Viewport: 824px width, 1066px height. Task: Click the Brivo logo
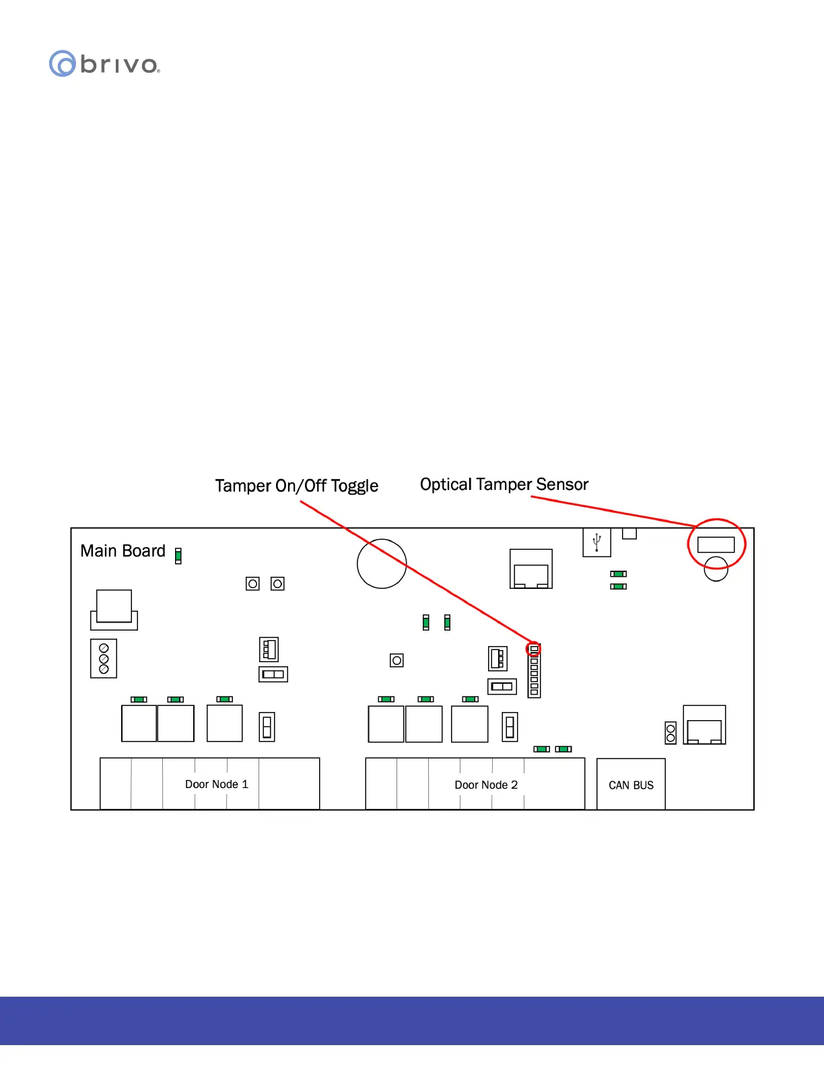coord(104,64)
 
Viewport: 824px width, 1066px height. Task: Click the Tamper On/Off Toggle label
coord(296,486)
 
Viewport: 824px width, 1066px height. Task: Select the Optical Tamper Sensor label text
coord(504,485)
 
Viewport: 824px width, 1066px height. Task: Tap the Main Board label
coord(123,551)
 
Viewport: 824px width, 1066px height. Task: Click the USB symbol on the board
coord(596,542)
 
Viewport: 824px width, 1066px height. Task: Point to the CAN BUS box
coord(631,785)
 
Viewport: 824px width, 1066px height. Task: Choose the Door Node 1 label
coord(216,785)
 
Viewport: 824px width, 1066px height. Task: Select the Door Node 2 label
coord(486,785)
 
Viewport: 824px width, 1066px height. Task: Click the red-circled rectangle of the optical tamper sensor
coord(716,544)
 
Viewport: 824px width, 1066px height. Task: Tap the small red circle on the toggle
coord(534,649)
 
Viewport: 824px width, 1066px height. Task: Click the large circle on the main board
coord(382,563)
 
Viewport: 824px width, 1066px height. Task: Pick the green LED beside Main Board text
coord(178,556)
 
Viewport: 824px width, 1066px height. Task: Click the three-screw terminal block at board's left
coord(104,658)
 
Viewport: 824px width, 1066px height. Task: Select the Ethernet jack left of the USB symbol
coord(531,569)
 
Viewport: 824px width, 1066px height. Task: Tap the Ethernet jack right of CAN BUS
coord(704,725)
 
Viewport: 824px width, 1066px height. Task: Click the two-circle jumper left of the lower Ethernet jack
coord(671,733)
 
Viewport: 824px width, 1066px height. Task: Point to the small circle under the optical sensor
coord(716,569)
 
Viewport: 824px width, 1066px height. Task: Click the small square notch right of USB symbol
coord(629,533)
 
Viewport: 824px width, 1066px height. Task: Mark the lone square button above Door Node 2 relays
coord(397,660)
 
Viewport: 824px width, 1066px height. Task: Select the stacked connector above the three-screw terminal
coord(114,610)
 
